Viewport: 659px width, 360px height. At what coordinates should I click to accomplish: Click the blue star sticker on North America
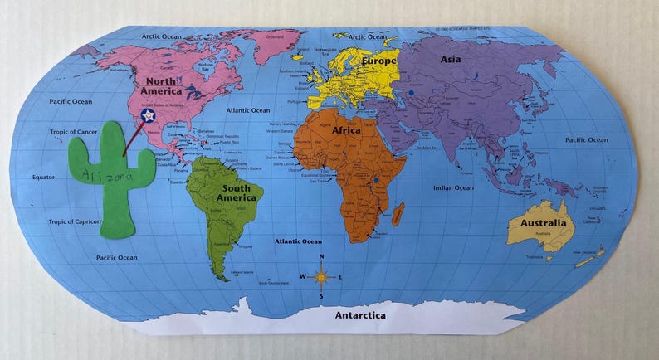[149, 118]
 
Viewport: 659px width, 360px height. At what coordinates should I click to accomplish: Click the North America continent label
[160, 86]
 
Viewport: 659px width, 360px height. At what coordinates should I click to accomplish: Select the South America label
[237, 192]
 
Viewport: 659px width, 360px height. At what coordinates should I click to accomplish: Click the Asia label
[451, 59]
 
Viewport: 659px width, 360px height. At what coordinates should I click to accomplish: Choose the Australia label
[543, 223]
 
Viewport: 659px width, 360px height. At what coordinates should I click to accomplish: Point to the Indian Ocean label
[453, 187]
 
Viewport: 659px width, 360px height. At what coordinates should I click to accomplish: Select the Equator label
[43, 177]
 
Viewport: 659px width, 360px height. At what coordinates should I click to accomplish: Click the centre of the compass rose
[321, 276]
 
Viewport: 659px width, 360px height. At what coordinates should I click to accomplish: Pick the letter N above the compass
[321, 257]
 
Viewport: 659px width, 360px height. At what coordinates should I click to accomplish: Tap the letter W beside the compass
[302, 276]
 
